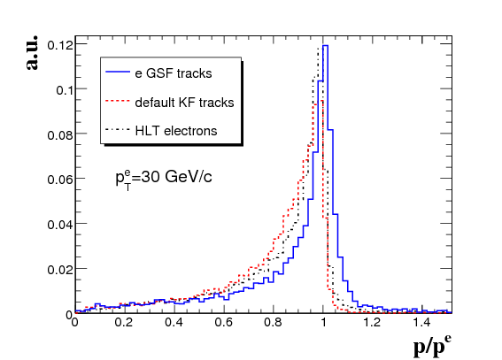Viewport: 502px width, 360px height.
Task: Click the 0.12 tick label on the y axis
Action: tap(60, 45)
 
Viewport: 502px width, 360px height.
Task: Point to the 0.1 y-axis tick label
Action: tap(65, 90)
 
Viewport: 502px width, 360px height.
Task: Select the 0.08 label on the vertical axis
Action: tap(60, 135)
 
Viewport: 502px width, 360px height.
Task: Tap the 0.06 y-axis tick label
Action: tap(60, 180)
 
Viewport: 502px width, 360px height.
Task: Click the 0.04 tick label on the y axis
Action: tap(60, 225)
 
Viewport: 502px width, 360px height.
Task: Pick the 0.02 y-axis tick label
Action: tap(60, 270)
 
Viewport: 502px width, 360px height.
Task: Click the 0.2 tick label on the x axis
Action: tap(124, 322)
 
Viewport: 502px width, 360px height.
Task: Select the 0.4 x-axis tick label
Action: tap(174, 322)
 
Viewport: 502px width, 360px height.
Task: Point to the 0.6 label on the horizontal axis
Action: tap(223, 322)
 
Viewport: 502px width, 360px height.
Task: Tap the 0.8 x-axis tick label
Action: tap(273, 322)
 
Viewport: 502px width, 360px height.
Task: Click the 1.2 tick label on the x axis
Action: tap(373, 322)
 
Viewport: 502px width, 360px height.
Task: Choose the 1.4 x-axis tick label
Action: tap(422, 322)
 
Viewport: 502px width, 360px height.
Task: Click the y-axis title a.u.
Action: tap(32, 52)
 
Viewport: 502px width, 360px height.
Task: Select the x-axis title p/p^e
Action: tap(432, 346)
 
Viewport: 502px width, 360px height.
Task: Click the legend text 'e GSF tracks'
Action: tap(174, 73)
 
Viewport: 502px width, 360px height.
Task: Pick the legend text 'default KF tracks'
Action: tap(184, 103)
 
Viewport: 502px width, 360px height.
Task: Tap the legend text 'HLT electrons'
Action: tap(176, 131)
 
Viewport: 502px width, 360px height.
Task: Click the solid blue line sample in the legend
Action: tap(118, 72)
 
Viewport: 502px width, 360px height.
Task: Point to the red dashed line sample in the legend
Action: tap(118, 101)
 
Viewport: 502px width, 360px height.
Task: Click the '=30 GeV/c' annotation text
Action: tap(172, 177)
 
